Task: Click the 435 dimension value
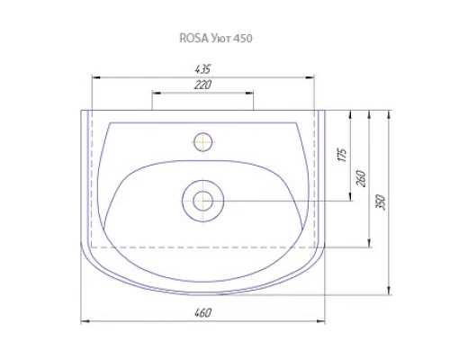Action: click(202, 69)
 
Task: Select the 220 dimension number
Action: click(202, 85)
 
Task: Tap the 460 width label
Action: click(202, 313)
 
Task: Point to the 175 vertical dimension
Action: click(342, 155)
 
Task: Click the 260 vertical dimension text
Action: click(362, 179)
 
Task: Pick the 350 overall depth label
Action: click(380, 202)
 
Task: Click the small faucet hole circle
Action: click(203, 142)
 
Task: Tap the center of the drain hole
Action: click(203, 201)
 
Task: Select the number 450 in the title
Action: click(243, 39)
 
